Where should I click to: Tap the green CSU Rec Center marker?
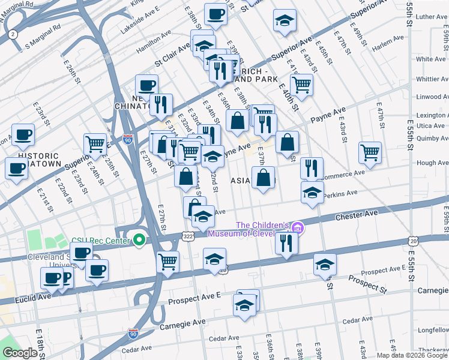pyautogui.click(x=139, y=241)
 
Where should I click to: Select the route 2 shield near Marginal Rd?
pyautogui.click(x=13, y=34)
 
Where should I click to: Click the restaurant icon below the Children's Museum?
pyautogui.click(x=286, y=243)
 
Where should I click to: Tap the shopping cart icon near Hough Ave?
pyautogui.click(x=370, y=152)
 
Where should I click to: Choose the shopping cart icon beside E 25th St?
pyautogui.click(x=95, y=144)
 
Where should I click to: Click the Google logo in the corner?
pyautogui.click(x=20, y=353)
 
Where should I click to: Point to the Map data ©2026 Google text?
pyautogui.click(x=412, y=355)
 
